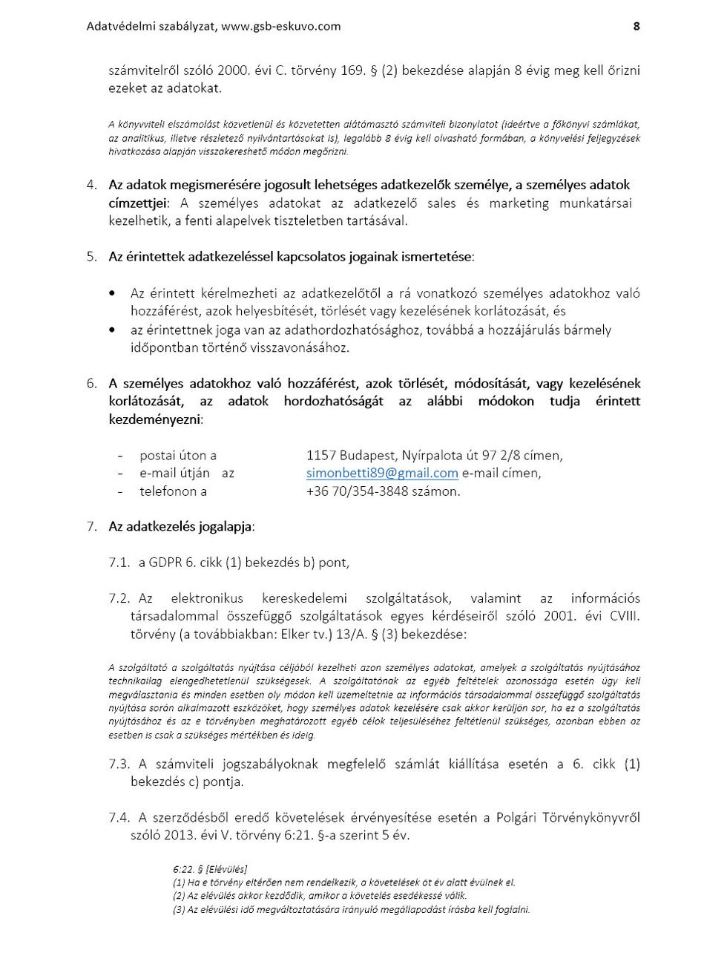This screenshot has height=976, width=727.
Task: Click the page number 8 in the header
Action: point(636,26)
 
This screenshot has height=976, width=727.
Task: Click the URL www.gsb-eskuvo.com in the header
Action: point(281,26)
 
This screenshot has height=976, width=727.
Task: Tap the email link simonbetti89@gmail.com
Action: point(382,474)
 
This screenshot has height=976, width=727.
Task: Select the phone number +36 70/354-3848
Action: point(353,491)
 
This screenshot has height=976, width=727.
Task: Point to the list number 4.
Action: point(91,185)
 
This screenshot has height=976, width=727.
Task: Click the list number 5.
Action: point(91,257)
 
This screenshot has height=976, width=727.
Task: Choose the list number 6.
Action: point(91,384)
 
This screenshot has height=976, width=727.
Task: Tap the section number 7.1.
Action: point(119,563)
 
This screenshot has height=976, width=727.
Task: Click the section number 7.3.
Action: point(119,764)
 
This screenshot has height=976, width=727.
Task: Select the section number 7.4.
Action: point(119,818)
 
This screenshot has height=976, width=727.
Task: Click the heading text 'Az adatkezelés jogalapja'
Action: point(180,527)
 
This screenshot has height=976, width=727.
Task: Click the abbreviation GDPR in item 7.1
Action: point(165,563)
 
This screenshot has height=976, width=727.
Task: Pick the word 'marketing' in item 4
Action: point(519,203)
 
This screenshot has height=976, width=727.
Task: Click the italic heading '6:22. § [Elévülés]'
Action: point(210,869)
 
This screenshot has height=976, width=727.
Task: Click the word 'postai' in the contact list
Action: point(157,456)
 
